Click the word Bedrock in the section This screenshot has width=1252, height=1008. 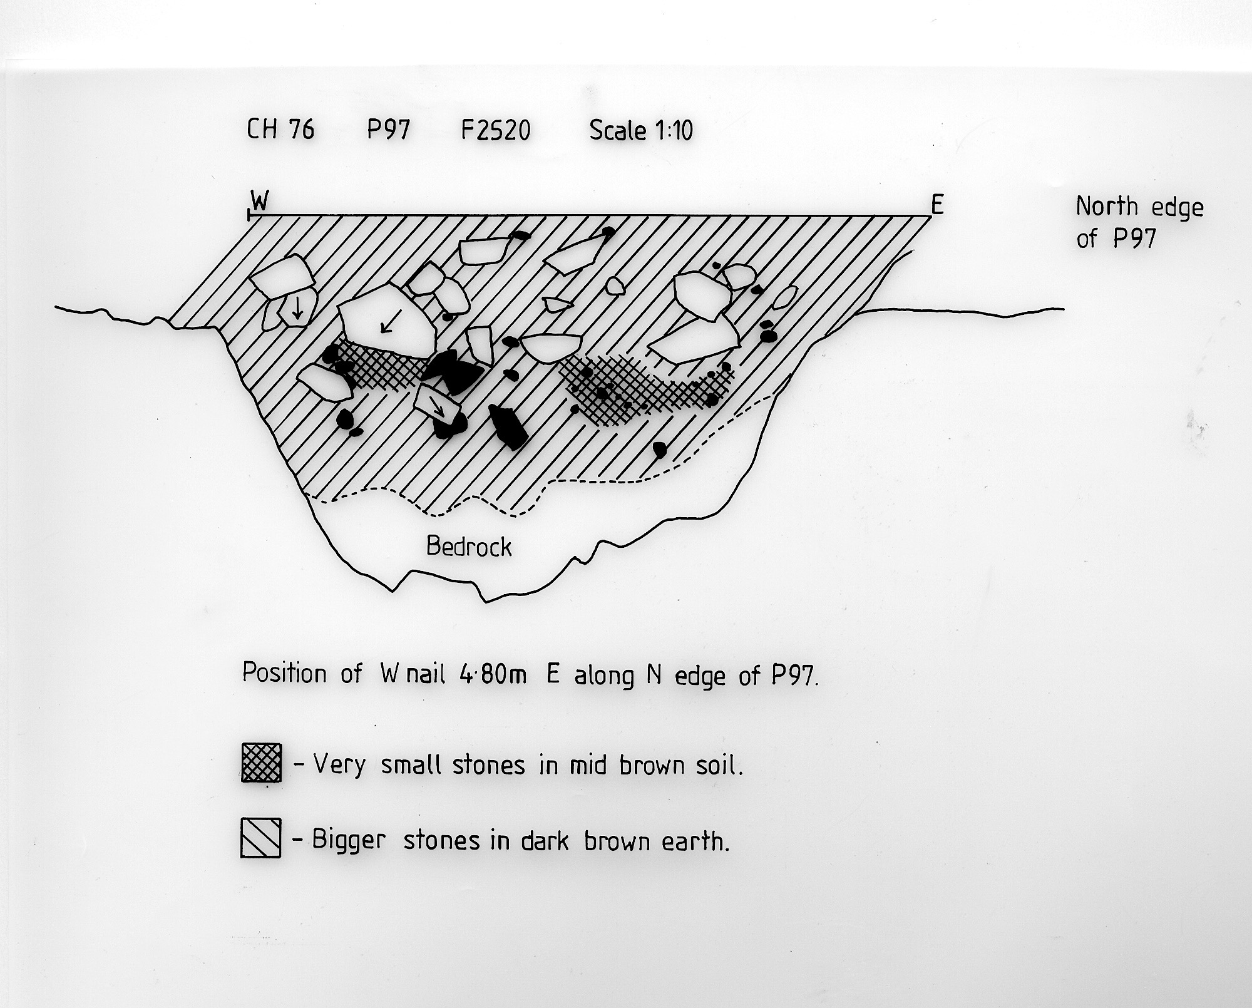coord(469,547)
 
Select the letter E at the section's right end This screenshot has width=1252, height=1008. coord(937,204)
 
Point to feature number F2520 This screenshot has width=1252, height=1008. coord(496,130)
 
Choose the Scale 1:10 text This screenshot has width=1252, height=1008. coord(641,130)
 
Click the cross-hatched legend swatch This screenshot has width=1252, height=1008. coord(262,763)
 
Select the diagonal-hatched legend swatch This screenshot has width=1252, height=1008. coord(260,837)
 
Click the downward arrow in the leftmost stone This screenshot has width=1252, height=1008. coord(298,309)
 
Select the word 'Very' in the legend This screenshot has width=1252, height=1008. coord(339,765)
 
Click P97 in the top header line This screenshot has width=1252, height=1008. coord(388,130)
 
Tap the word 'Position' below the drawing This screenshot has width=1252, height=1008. coord(285,673)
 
